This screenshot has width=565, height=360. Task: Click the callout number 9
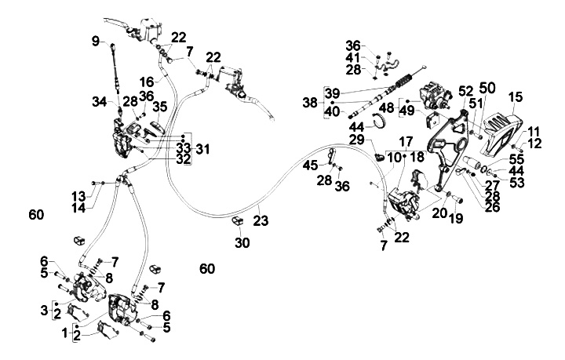click(x=96, y=41)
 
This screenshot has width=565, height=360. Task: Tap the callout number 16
click(x=146, y=81)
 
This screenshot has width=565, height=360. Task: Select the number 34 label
click(x=98, y=100)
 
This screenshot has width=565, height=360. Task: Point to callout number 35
click(x=160, y=106)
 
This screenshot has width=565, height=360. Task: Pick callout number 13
click(x=78, y=195)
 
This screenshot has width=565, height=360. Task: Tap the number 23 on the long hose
click(x=261, y=221)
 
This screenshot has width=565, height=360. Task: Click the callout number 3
click(x=45, y=311)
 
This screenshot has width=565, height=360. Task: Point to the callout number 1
click(x=65, y=333)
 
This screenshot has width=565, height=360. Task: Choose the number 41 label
click(x=353, y=58)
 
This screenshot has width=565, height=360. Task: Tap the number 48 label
click(x=387, y=107)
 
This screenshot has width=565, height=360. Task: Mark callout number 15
click(x=515, y=97)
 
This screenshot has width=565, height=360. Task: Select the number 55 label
click(x=516, y=158)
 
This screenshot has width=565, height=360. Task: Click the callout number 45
click(x=312, y=165)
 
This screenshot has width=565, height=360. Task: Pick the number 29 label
click(x=357, y=140)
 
